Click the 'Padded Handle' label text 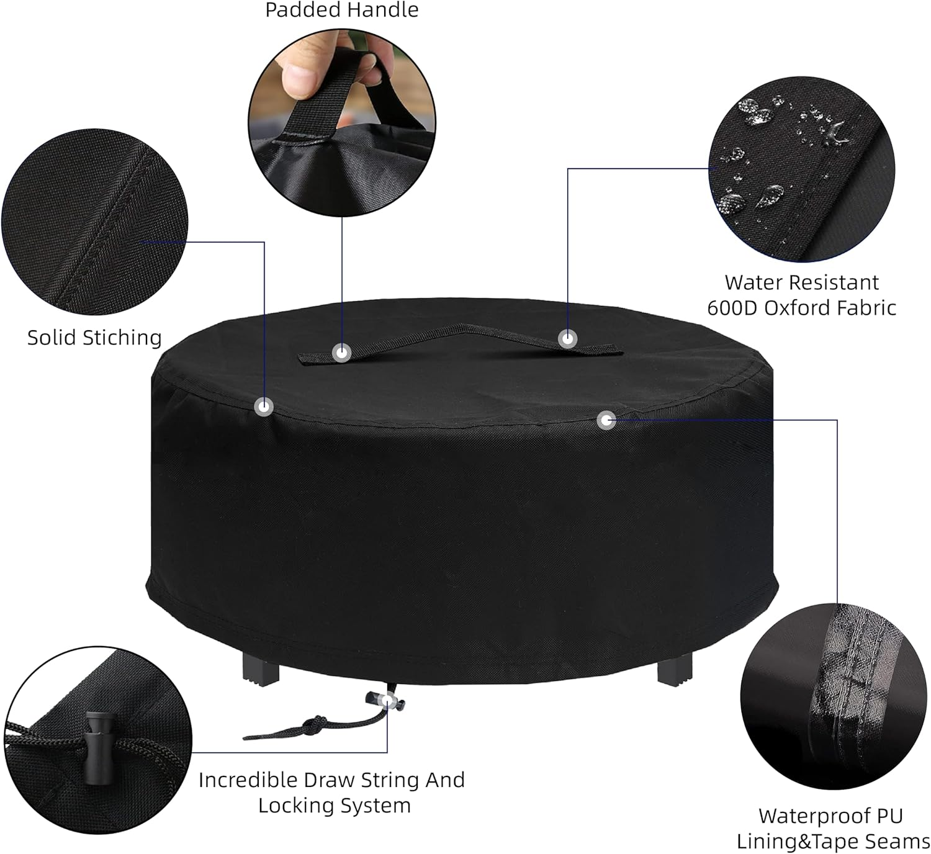tap(341, 10)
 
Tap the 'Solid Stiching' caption tap(94, 338)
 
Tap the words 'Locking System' tap(334, 806)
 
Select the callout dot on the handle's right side tap(567, 339)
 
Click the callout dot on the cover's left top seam tap(264, 407)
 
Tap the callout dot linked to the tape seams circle tap(606, 420)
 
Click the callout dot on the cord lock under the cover tap(387, 701)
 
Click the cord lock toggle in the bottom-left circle tap(96, 745)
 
